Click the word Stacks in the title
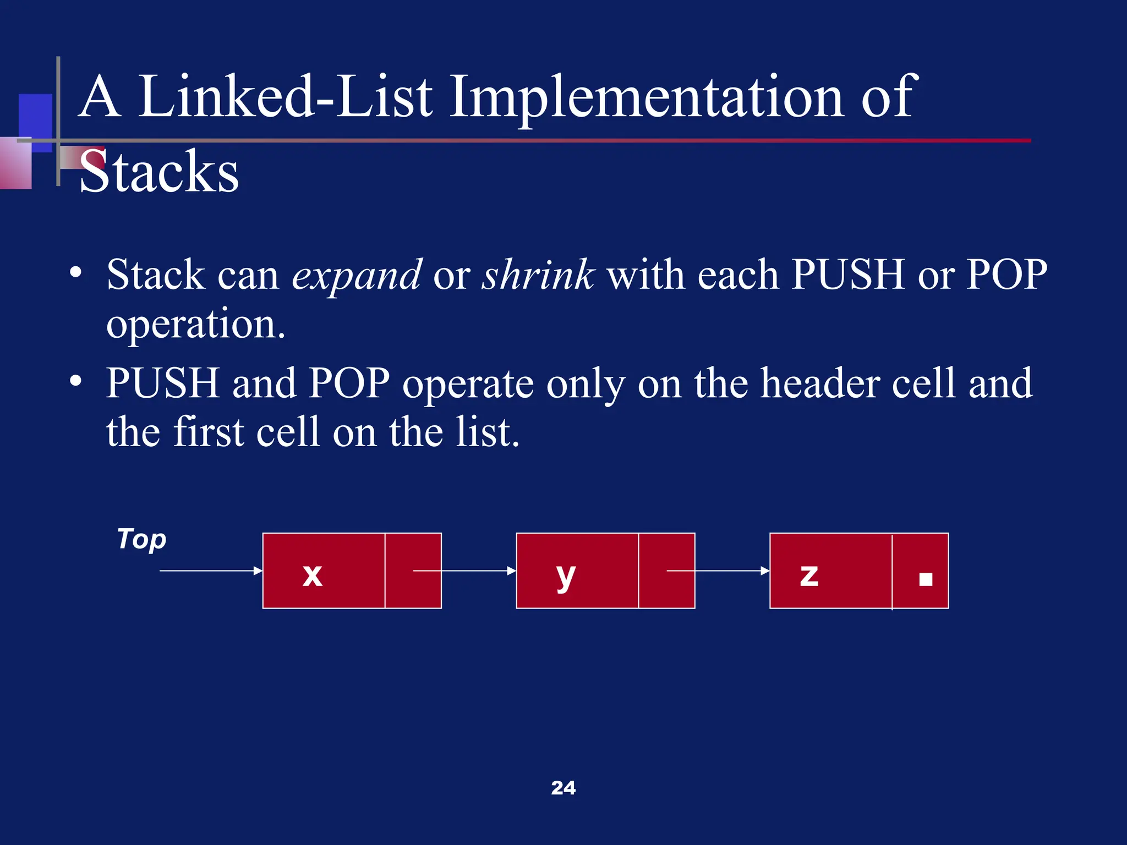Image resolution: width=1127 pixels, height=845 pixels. tap(159, 172)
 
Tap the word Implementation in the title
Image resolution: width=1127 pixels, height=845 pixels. tap(647, 97)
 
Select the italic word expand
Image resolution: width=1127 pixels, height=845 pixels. tap(357, 275)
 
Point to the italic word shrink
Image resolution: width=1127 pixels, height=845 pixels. tap(538, 275)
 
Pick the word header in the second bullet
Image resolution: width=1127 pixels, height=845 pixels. tap(819, 383)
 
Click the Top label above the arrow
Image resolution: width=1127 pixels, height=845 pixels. tap(142, 539)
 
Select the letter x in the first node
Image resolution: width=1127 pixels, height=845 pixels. tap(313, 575)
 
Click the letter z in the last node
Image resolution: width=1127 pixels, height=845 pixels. tap(809, 575)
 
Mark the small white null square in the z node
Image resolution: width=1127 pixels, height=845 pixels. tap(926, 579)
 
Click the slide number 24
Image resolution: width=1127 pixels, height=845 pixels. tap(563, 788)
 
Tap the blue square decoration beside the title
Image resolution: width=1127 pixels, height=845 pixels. tap(35, 116)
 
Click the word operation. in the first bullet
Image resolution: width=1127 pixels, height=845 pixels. tap(196, 324)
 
